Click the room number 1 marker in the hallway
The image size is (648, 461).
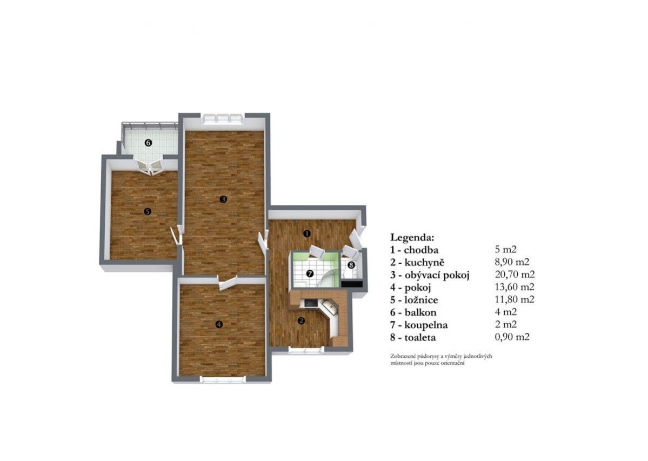(306, 233)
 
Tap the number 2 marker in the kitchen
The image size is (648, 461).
(301, 320)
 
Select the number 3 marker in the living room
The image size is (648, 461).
(223, 199)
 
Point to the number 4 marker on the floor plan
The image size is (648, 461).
(219, 325)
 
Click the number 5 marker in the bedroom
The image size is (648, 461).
(148, 211)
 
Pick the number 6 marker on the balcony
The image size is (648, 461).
(149, 143)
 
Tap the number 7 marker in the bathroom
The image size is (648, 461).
(310, 273)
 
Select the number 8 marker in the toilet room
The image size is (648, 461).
(351, 265)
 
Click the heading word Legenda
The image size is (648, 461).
(412, 238)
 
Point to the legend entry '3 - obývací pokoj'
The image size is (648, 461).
(430, 275)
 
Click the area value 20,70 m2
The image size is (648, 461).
(515, 275)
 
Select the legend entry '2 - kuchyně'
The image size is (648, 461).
(417, 262)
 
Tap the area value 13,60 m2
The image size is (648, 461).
(515, 286)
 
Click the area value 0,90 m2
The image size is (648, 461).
(512, 337)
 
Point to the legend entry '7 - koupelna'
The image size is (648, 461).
(419, 325)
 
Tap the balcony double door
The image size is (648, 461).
(150, 165)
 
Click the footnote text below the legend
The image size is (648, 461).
(441, 359)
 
